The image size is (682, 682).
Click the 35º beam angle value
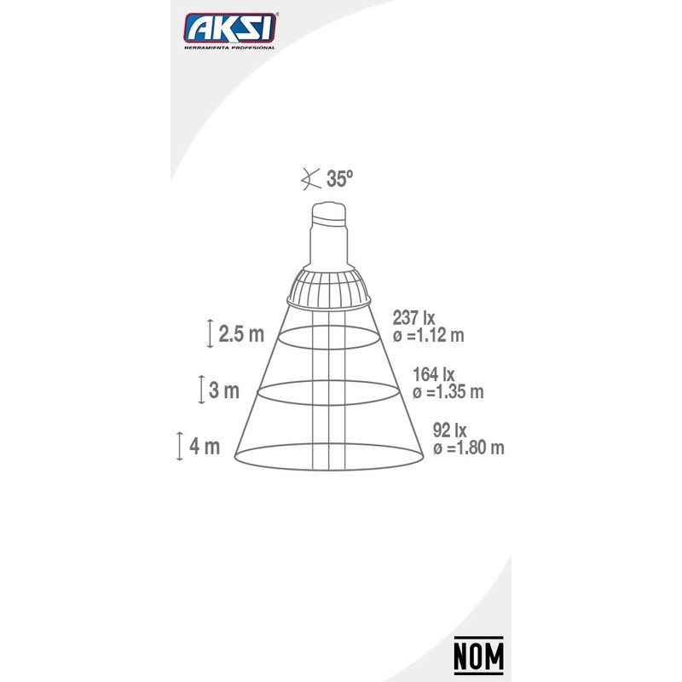pos(339,179)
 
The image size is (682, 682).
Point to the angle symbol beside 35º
pos(309,179)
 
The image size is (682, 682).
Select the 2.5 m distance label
pos(241,333)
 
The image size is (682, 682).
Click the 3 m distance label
pos(224,391)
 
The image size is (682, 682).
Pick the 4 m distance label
pos(206,447)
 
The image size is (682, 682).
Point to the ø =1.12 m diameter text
pos(428,336)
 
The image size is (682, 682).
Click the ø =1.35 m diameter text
pos(448,392)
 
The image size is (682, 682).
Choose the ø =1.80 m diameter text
pos(468,448)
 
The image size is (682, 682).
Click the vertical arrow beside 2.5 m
pos(210,332)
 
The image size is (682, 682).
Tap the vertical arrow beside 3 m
pos(200,390)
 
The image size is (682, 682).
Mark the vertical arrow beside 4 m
pos(180,447)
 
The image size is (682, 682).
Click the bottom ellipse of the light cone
pos(328,466)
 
